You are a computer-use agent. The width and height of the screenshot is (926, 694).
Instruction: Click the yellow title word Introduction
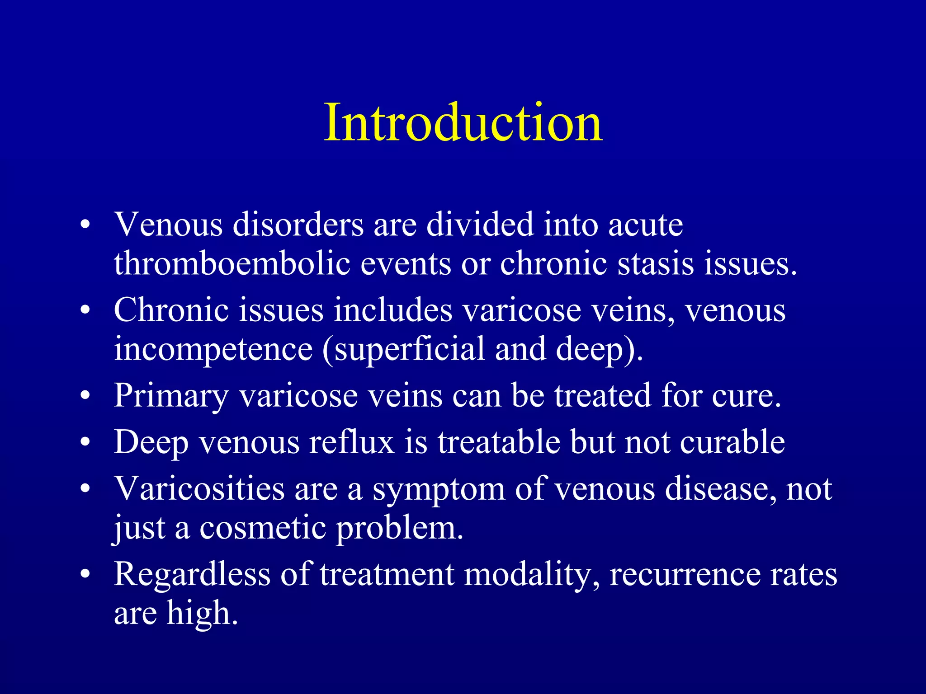pos(463,122)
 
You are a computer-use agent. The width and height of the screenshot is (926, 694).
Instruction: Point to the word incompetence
pos(213,349)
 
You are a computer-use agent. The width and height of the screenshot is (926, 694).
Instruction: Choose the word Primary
pos(171,395)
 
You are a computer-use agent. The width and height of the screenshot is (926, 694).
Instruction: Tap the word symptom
pos(438,490)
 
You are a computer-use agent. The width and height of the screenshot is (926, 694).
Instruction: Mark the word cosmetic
pos(262,527)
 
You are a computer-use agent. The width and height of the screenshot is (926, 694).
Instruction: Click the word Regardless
pos(192,575)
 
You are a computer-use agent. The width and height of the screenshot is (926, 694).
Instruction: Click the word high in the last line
pos(202,613)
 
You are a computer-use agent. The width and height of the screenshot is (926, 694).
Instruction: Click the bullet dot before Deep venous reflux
pos(85,443)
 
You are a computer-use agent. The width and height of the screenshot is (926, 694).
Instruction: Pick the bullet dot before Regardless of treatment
pos(85,575)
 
